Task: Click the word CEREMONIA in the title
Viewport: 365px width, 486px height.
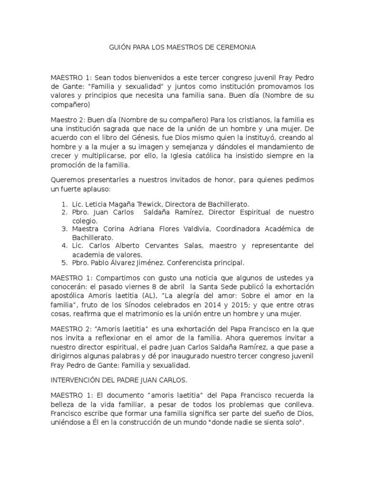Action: (235, 47)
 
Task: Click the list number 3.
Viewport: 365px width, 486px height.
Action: (63, 228)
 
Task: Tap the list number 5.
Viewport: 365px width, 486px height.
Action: (63, 262)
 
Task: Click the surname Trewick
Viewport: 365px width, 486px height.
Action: (163, 204)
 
